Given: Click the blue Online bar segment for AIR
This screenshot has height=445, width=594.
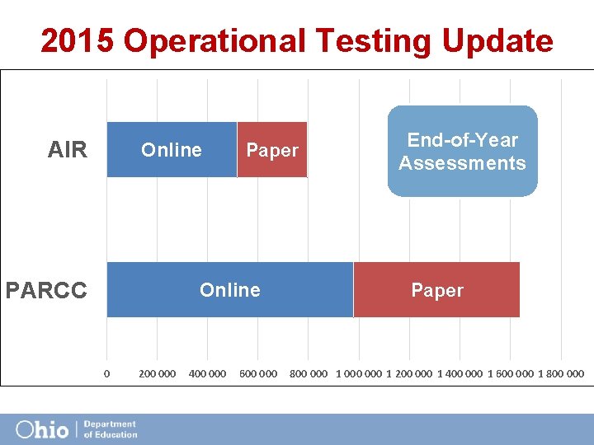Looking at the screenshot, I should tap(172, 150).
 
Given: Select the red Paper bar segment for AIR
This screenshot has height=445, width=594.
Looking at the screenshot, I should tap(272, 150).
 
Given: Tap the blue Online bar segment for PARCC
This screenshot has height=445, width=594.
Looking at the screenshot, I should tap(229, 290).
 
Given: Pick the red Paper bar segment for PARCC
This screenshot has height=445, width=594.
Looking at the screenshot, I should tap(436, 290).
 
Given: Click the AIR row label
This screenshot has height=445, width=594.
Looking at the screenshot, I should tap(68, 150).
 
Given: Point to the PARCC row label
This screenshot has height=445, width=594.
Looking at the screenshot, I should tap(46, 291).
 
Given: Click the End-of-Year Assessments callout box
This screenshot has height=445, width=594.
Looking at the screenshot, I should tap(462, 152).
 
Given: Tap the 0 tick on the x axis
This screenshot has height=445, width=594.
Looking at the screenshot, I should tap(107, 373).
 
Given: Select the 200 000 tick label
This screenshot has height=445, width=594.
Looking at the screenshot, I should tap(157, 373).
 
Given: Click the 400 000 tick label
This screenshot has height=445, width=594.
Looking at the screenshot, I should tap(207, 373).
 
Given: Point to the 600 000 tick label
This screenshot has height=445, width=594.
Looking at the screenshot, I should tap(258, 373).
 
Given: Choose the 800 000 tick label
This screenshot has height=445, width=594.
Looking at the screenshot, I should tap(309, 373).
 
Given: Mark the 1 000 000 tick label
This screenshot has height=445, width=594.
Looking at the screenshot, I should tap(359, 373).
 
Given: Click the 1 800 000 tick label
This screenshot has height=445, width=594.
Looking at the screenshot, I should tap(561, 373).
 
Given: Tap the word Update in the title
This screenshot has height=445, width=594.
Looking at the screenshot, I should tap(497, 40).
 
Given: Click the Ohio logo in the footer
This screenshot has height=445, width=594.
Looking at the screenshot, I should tap(42, 429).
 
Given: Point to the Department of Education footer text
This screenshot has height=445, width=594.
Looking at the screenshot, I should tap(110, 429).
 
